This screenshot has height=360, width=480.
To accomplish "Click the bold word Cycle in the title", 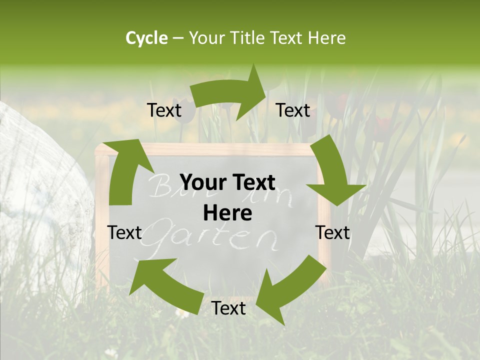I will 146,38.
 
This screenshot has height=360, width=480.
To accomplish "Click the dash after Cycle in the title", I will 177,38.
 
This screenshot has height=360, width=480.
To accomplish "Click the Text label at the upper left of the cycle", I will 164,110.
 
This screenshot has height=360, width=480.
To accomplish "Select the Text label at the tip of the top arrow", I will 293,110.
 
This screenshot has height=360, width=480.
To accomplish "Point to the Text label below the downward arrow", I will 332,232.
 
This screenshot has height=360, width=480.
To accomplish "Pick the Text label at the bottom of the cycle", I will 228,308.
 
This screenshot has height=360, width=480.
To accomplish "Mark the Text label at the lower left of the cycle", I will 124,232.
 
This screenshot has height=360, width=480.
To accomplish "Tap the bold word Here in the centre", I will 227,213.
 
